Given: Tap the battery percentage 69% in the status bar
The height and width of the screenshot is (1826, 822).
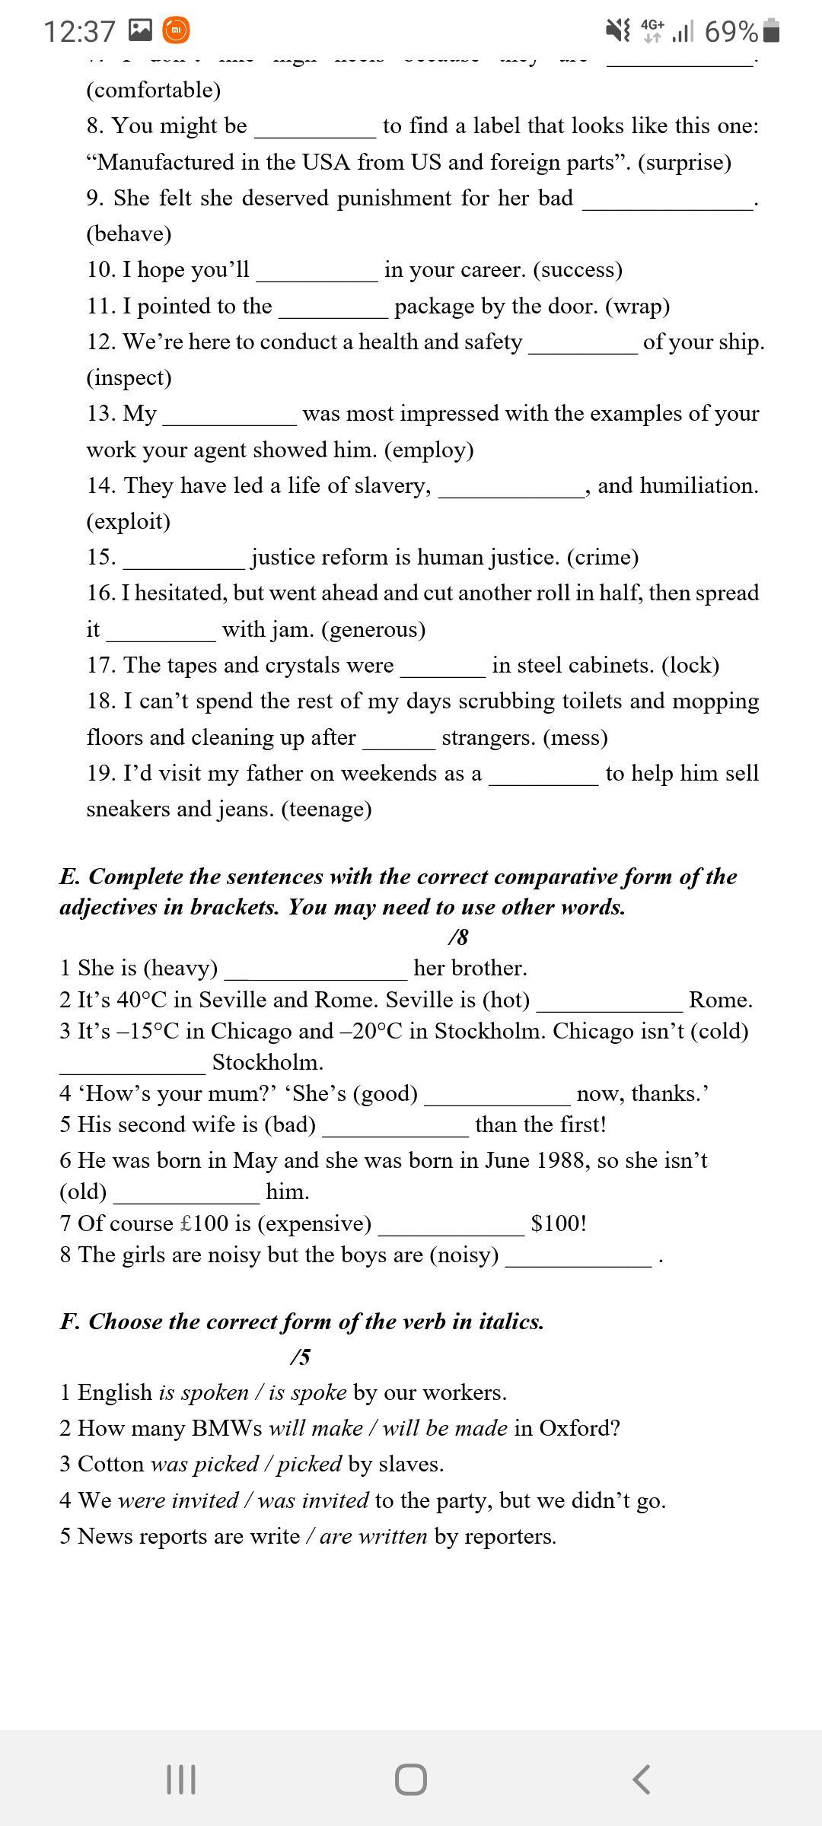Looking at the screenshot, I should point(731,31).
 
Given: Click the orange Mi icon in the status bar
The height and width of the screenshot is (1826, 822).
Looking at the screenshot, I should point(177,30).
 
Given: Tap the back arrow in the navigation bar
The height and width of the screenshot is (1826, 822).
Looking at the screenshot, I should point(642,1780).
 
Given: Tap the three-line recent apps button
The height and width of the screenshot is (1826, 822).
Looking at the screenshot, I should point(180,1780).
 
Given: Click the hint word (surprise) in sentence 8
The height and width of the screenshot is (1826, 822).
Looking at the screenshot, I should point(684,162).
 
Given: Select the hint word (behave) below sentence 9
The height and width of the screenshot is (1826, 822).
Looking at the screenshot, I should point(129,234).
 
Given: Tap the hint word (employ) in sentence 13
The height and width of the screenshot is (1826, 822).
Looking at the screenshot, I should point(429,450).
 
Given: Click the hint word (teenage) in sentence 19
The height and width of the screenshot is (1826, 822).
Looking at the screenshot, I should point(326,809).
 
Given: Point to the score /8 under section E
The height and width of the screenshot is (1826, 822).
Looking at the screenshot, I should point(458,937).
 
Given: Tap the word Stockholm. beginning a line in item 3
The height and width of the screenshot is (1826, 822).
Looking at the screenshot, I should point(268,1062).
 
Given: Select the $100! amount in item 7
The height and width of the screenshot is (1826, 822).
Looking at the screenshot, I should point(559,1223).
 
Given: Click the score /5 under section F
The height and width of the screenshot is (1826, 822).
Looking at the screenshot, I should point(301,1357).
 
